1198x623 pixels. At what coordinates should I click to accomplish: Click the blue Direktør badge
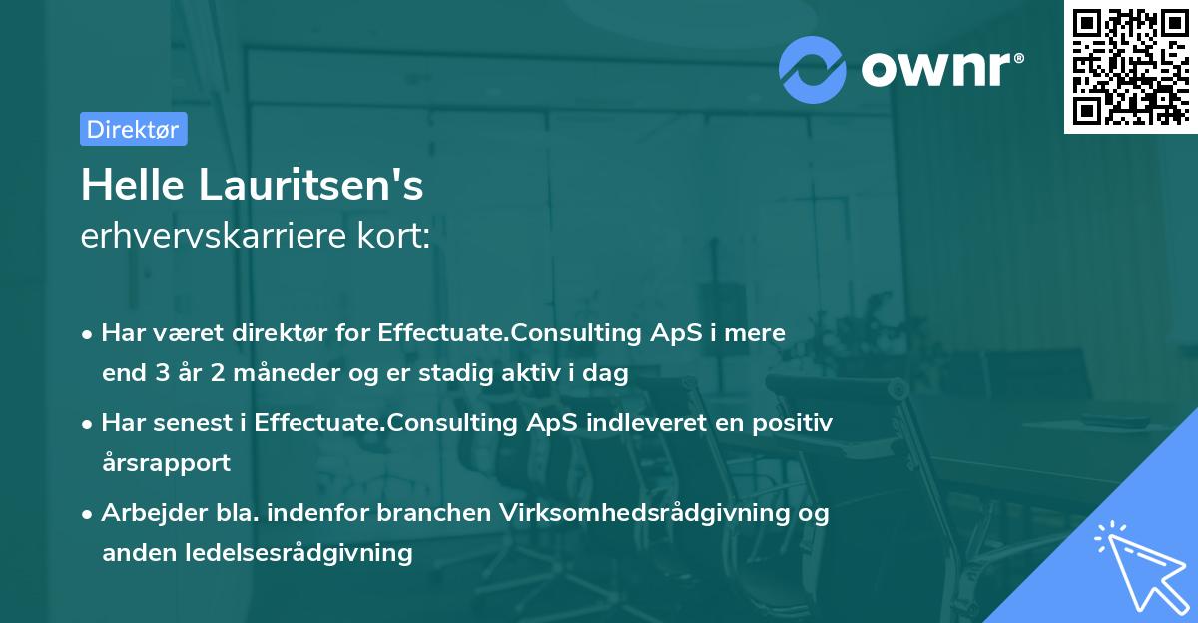[134, 129]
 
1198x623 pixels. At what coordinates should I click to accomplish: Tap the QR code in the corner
[1131, 67]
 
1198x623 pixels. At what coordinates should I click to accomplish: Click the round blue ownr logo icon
[812, 70]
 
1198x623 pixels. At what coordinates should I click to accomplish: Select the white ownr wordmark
[936, 70]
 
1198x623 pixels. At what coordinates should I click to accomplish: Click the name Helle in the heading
[133, 185]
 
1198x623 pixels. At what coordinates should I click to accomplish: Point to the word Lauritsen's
[311, 185]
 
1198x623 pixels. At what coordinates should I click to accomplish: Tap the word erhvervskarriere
[214, 236]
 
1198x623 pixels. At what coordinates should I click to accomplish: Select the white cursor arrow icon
[1142, 567]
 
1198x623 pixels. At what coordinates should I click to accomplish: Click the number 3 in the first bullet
[163, 373]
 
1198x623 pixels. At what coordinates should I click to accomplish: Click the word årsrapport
[167, 463]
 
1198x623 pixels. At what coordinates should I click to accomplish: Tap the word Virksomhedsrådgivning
[645, 513]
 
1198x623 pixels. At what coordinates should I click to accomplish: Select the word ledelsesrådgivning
[299, 553]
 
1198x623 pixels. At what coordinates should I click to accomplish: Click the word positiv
[792, 423]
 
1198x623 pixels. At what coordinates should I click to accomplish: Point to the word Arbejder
[154, 513]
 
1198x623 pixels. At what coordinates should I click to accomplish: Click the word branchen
[433, 512]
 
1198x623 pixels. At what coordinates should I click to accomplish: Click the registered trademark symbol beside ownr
[1018, 58]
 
